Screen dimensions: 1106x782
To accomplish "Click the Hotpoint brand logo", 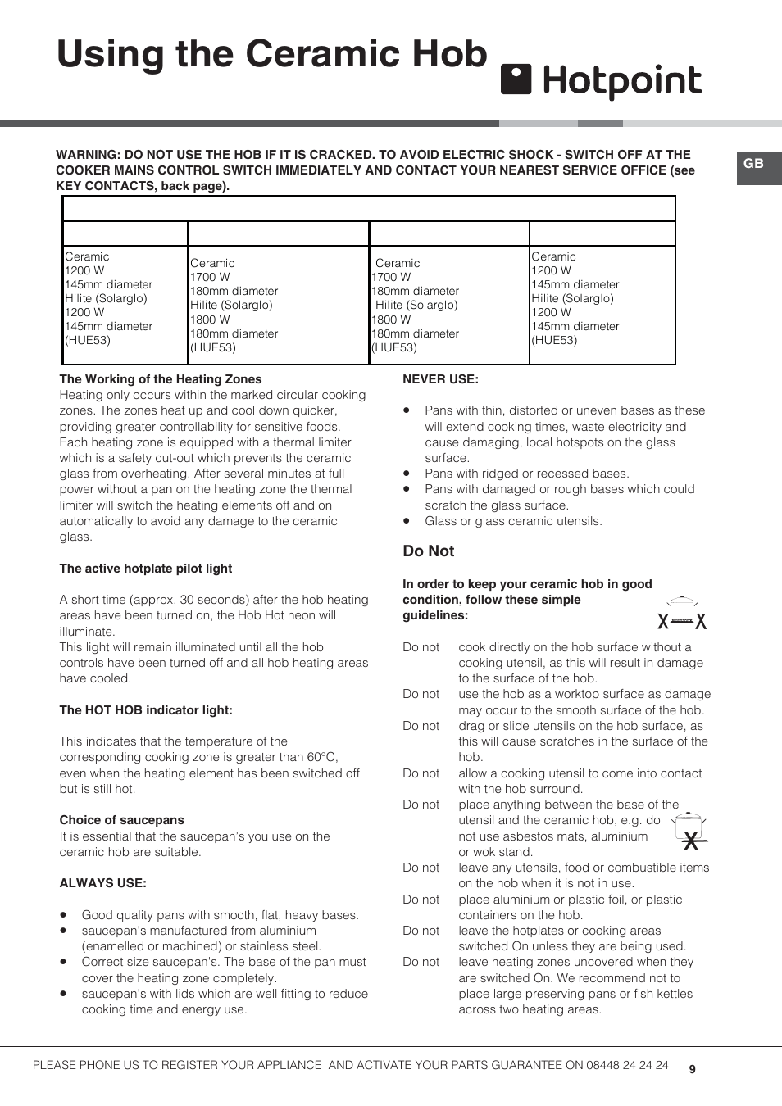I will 601,81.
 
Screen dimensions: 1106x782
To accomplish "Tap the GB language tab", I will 754,164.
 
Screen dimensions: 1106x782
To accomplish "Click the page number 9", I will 693,1069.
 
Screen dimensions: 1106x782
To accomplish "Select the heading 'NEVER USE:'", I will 440,379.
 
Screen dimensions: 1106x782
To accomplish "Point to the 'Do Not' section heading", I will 428,551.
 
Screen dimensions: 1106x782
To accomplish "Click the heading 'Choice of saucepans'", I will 121,820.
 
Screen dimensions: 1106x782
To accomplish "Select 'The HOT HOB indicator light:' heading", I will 146,710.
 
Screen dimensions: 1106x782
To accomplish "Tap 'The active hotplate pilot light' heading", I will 146,569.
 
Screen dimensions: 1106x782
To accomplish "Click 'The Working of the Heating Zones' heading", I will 161,379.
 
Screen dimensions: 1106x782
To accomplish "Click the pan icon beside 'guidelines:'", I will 682,614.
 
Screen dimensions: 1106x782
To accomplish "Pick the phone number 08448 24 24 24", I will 627,1065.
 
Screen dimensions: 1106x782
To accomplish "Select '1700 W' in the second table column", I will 210,277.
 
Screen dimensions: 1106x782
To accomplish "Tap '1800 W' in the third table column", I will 391,320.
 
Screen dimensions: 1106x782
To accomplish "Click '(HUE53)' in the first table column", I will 88,340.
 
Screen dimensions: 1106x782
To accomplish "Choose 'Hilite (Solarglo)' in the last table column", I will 572,298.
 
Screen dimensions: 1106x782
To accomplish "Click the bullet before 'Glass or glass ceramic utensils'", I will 407,521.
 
